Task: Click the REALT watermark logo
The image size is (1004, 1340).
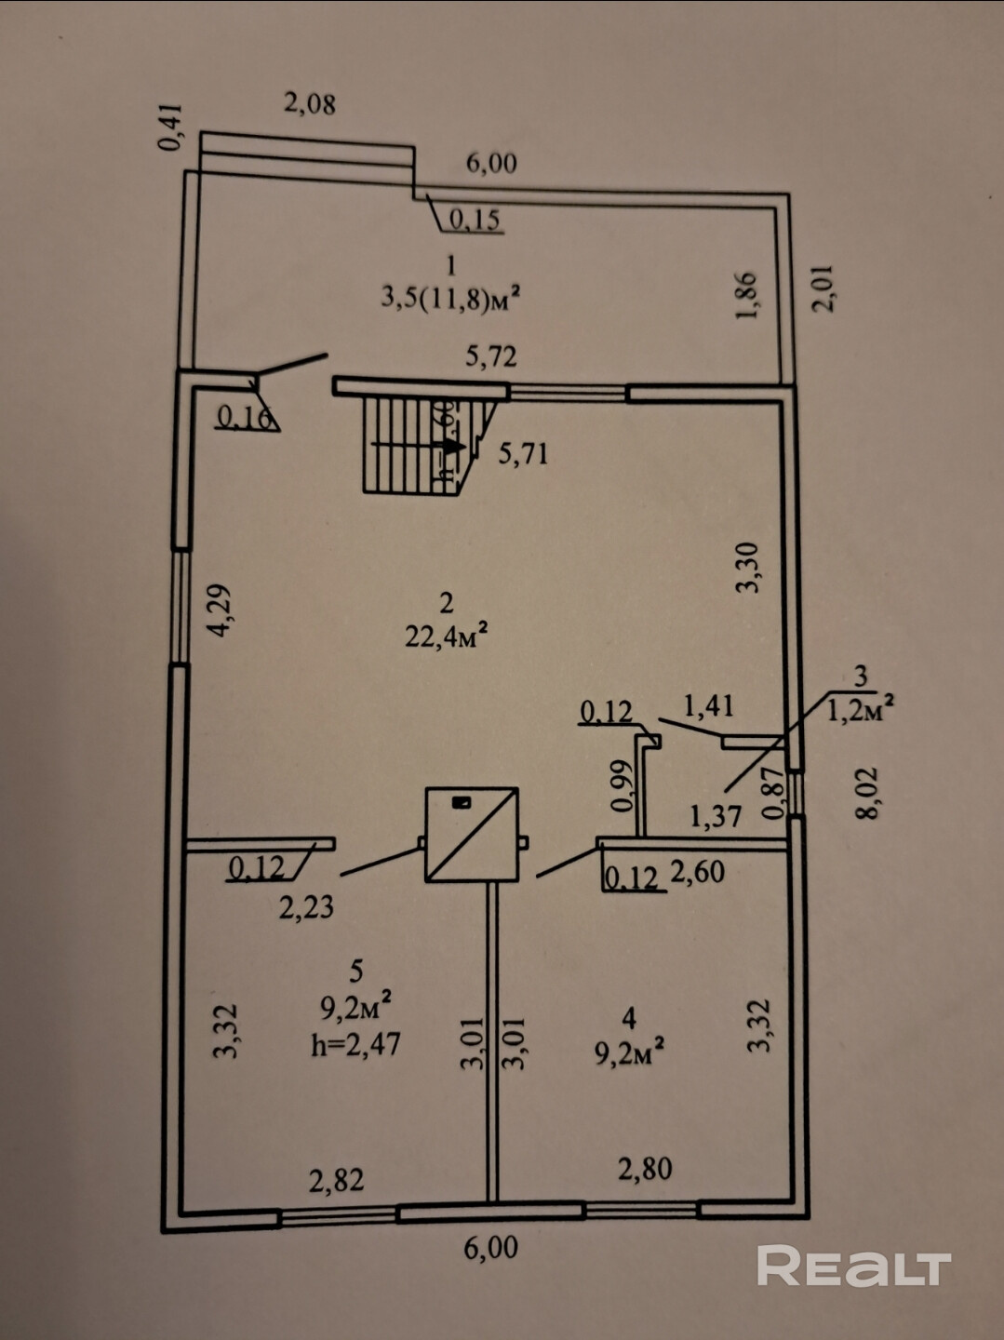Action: click(x=853, y=1266)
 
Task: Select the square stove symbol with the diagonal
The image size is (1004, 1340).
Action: click(x=472, y=835)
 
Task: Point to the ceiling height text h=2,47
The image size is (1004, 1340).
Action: click(x=355, y=1043)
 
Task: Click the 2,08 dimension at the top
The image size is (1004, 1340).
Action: click(x=310, y=103)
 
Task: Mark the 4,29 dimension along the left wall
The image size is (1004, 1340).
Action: click(x=221, y=610)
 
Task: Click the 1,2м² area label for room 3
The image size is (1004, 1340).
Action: click(x=861, y=711)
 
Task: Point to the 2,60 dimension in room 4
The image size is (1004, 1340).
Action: click(x=697, y=872)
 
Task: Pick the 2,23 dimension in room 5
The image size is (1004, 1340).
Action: click(x=306, y=905)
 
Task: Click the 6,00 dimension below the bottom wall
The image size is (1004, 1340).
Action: click(x=490, y=1247)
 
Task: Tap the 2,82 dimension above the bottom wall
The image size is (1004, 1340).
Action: click(x=336, y=1180)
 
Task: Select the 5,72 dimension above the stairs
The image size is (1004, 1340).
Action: click(x=490, y=355)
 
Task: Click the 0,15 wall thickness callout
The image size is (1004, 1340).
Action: click(x=475, y=220)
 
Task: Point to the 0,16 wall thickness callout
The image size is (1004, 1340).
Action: click(x=245, y=417)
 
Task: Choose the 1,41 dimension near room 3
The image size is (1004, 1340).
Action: click(x=708, y=706)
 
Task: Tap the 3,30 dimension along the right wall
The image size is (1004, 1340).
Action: click(x=749, y=568)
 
